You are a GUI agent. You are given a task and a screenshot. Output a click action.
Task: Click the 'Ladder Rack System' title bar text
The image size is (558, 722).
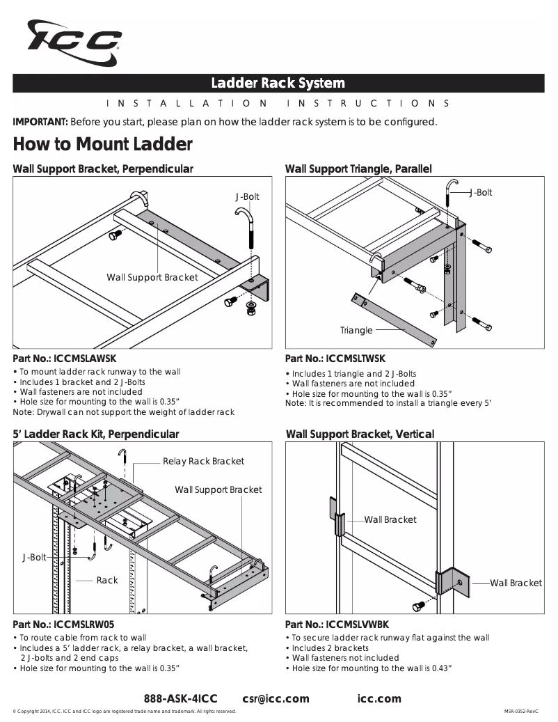point(278,84)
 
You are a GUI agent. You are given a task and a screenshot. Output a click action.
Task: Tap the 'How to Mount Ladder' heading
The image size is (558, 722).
point(102,145)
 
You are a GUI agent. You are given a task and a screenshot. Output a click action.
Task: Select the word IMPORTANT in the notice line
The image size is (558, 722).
point(40,122)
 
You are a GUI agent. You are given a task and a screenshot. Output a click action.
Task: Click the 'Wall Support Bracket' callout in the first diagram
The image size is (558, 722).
point(152,277)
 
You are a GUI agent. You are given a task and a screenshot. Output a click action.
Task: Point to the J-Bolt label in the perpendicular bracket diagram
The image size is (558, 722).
point(247,197)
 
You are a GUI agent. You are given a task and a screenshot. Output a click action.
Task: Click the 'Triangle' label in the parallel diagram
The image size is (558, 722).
point(356,330)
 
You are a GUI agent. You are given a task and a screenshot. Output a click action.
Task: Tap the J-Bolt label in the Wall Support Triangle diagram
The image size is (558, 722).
point(480,192)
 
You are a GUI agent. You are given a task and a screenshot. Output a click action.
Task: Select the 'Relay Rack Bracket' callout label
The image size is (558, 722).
point(203,461)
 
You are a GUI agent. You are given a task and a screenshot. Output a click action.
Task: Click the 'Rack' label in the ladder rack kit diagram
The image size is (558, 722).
point(107,580)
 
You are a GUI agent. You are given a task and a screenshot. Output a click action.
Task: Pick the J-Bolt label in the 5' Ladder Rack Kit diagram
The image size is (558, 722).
point(34,557)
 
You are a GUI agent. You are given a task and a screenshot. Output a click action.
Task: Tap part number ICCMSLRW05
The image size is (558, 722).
point(83,625)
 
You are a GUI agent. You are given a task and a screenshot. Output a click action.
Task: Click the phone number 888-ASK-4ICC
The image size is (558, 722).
point(181,698)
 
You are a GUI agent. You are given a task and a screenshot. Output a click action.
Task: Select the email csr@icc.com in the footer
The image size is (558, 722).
point(276,698)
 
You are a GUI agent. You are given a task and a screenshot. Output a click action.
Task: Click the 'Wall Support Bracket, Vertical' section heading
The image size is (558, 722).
point(360,434)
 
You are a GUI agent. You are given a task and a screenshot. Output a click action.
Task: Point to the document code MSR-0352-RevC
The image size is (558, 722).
point(522,712)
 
